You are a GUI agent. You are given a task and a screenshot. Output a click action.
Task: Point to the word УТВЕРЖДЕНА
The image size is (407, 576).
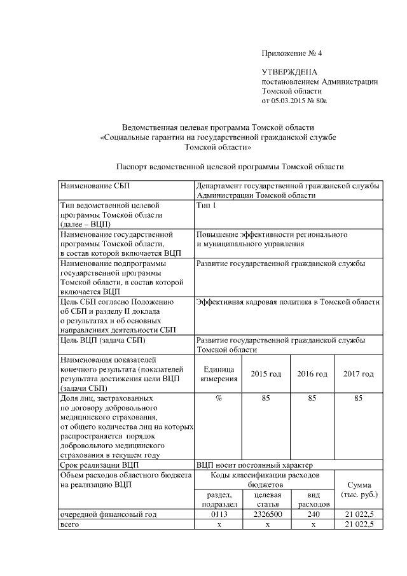[289, 73]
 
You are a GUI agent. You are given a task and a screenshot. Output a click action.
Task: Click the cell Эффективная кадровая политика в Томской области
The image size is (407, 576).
[288, 302]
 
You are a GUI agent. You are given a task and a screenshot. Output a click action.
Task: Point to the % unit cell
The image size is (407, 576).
[219, 398]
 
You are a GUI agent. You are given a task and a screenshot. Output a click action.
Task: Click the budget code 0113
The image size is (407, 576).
[219, 514]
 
